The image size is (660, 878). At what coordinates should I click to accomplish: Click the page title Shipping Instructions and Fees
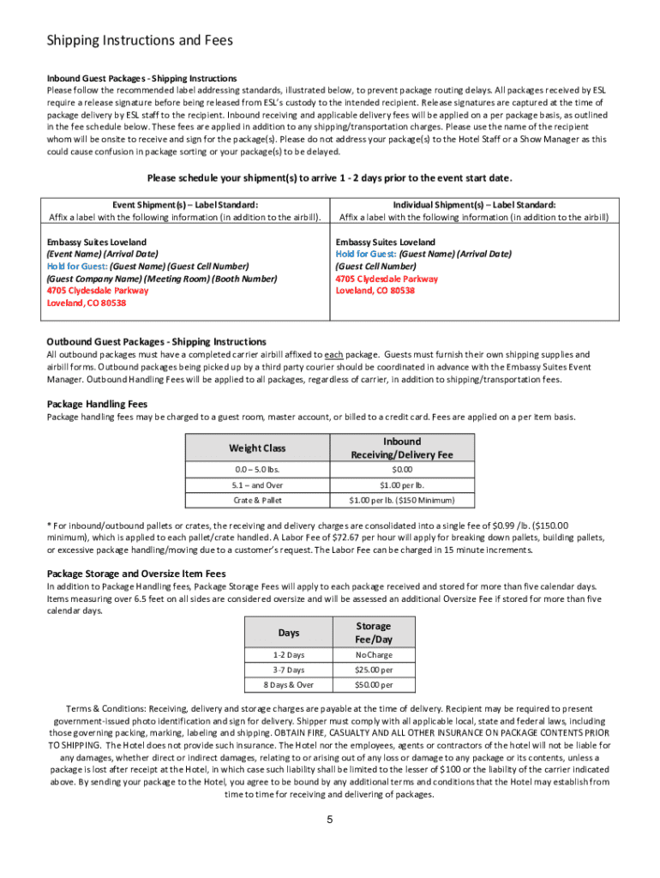point(139,40)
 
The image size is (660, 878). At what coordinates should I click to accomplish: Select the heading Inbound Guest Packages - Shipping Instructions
point(141,78)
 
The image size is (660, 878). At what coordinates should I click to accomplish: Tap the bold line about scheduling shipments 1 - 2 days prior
point(330,178)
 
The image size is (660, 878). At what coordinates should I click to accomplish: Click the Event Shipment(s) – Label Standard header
point(185,205)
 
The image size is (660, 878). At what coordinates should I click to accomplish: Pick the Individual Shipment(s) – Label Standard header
point(474,205)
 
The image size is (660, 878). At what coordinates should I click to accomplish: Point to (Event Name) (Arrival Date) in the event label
point(102,255)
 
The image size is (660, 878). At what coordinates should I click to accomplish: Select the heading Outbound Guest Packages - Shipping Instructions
point(156,341)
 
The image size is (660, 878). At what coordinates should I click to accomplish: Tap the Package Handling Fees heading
point(97,404)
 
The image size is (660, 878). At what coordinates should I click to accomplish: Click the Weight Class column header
point(257,448)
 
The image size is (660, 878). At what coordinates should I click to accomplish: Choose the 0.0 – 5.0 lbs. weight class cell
point(257,470)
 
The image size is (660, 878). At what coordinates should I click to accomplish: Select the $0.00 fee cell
point(401,470)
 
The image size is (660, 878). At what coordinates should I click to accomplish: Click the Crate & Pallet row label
point(257,500)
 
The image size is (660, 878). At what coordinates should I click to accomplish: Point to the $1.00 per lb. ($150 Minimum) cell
point(401,500)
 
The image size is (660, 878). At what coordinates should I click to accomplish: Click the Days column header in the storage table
point(289,632)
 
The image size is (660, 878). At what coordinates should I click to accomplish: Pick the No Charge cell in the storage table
point(374,655)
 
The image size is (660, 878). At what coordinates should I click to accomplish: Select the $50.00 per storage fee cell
point(374,685)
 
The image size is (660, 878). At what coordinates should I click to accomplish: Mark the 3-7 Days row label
point(289,670)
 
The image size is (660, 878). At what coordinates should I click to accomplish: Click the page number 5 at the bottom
point(329,820)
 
